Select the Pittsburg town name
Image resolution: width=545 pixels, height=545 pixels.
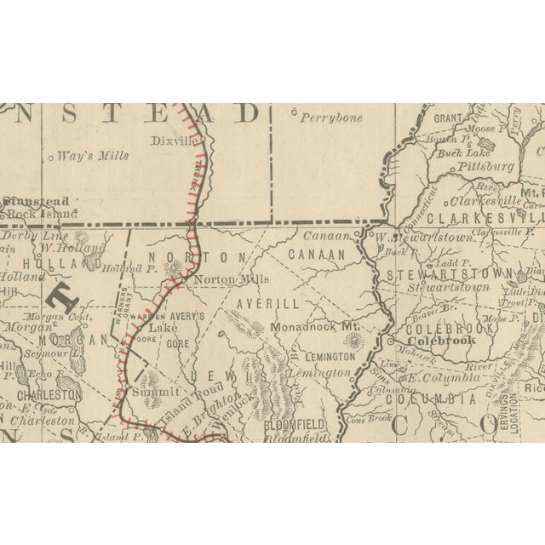click(486, 167)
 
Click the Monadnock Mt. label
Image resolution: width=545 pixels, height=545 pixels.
click(315, 327)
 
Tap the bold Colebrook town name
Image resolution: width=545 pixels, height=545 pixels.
click(442, 340)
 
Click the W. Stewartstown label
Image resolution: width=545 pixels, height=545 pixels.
click(422, 238)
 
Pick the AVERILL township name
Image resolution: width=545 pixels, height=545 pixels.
click(270, 303)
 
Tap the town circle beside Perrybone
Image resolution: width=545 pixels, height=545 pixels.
click(294, 112)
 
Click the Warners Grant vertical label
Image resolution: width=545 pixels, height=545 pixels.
click(122, 312)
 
